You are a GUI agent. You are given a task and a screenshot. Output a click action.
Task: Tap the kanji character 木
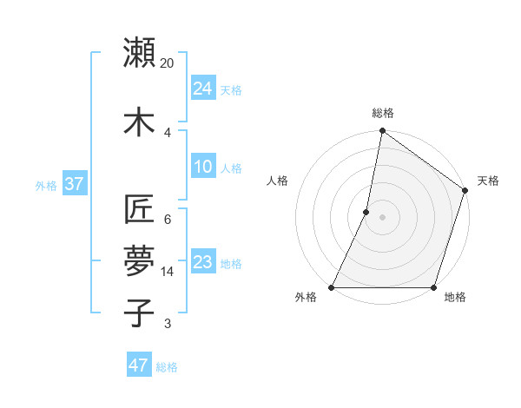click(x=139, y=122)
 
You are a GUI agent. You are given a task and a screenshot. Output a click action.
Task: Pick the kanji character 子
click(x=139, y=313)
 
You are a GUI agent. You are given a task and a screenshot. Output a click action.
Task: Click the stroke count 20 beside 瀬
click(x=168, y=63)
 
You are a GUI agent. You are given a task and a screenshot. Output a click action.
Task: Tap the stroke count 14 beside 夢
click(x=168, y=272)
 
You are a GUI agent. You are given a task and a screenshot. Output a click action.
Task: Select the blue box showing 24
click(x=202, y=88)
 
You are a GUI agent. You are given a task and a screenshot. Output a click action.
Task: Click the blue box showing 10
click(x=202, y=167)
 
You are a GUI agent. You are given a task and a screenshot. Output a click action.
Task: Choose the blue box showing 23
click(x=202, y=262)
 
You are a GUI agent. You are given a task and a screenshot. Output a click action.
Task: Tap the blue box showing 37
click(x=74, y=184)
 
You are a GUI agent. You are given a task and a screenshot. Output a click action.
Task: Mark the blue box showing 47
click(x=138, y=365)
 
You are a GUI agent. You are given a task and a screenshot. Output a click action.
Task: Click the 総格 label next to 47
click(x=167, y=367)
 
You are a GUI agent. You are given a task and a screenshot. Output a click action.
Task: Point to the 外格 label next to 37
click(x=46, y=186)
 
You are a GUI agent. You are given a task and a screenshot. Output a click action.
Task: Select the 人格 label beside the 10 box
click(x=231, y=168)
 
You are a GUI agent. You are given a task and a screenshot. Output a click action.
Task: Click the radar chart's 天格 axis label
click(x=488, y=181)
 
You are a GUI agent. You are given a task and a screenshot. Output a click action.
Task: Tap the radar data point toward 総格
click(x=382, y=132)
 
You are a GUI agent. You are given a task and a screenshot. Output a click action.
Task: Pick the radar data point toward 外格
click(x=332, y=287)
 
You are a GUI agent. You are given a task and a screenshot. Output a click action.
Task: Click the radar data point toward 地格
click(x=433, y=287)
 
